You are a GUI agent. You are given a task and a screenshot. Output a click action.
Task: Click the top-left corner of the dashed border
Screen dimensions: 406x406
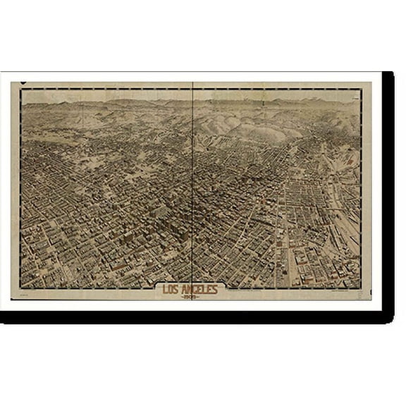(x=21, y=90)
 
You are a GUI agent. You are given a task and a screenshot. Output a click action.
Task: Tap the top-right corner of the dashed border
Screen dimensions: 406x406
(x=362, y=90)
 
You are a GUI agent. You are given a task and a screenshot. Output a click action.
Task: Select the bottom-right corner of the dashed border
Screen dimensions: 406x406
(x=362, y=289)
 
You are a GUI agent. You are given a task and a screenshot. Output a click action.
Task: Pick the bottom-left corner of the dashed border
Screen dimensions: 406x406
(x=21, y=289)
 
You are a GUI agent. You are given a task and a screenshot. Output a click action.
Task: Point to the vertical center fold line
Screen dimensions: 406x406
(x=192, y=183)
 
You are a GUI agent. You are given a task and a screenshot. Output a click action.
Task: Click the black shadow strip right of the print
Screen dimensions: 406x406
(x=388, y=190)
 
